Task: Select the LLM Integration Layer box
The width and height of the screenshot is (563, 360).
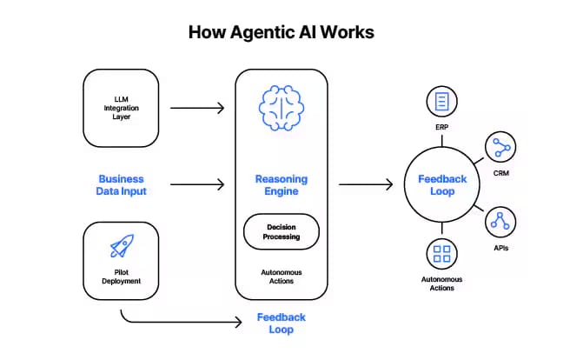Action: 122,109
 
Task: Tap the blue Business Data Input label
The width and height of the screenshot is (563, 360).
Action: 122,185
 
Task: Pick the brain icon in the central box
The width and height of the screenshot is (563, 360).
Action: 281,109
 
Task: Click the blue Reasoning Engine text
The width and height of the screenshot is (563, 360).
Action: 281,185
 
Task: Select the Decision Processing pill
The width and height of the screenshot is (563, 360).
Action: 281,232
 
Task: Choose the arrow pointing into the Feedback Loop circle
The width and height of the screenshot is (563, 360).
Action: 366,184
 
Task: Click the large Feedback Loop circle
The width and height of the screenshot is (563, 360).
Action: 442,185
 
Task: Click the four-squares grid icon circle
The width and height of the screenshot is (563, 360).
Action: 442,254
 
